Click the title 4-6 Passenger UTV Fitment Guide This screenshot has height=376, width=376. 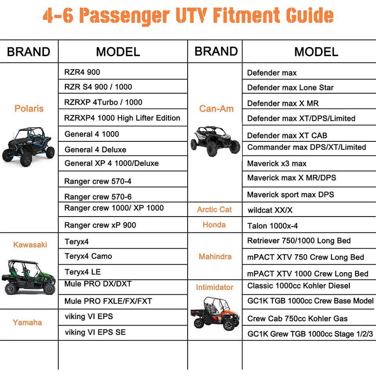coord(188,16)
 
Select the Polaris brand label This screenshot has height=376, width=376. coord(29,108)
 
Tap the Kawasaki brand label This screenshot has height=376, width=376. coord(30,245)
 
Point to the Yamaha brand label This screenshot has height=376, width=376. coord(27,323)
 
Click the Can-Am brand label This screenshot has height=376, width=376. coord(216,109)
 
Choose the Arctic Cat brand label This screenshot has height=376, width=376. coord(214,210)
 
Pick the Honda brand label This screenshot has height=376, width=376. coord(214,225)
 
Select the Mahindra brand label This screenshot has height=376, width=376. coord(215,257)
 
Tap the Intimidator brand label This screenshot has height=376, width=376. coord(214,287)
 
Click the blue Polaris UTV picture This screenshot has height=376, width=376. coord(28,143)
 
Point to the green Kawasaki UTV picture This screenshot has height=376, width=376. coord(29,277)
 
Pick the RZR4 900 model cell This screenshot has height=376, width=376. coord(82,72)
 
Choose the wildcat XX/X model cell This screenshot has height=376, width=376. coord(270,210)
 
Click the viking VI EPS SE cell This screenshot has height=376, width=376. coord(95,333)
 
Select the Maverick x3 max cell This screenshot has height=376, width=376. coord(277,164)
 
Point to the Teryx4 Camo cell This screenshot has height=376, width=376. coord(88,257)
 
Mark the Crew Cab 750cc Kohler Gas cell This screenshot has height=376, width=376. coord(297,319)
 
